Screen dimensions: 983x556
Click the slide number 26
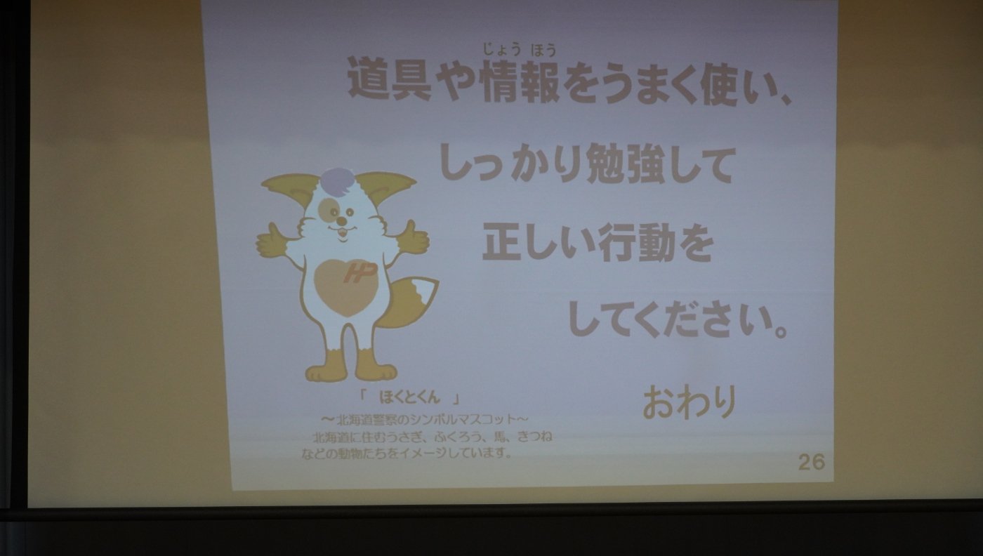click(812, 462)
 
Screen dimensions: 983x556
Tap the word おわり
click(690, 402)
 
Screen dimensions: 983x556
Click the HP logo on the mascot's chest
click(359, 272)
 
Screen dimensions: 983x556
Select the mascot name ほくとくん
click(409, 397)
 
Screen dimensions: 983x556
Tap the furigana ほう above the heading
click(544, 50)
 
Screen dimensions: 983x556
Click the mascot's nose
click(341, 219)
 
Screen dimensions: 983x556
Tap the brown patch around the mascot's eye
click(328, 209)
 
